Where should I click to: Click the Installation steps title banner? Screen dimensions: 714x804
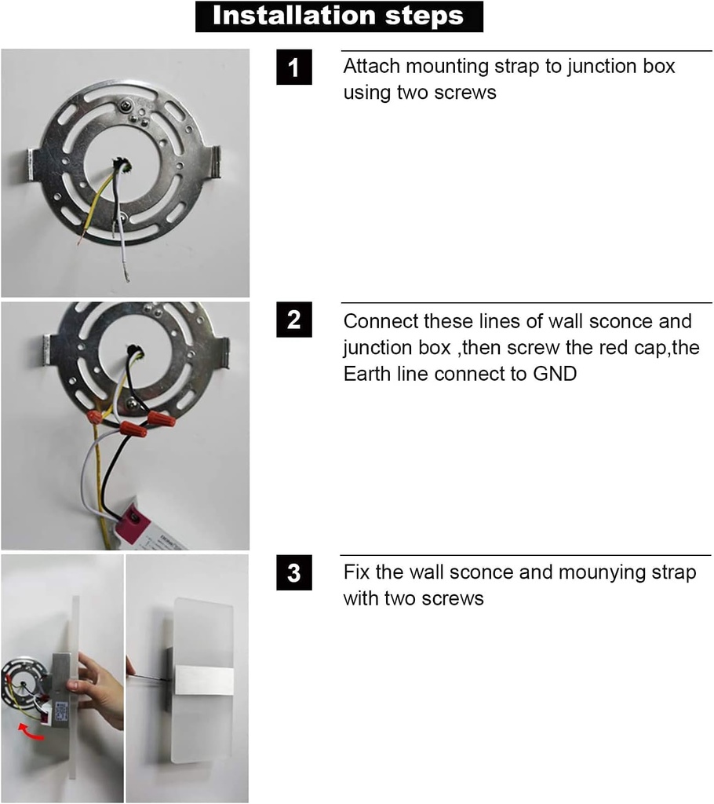pos(339,16)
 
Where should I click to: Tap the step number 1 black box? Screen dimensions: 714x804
pos(293,68)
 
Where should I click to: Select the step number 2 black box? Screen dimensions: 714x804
pos(293,320)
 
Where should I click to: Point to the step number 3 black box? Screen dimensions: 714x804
pos(293,572)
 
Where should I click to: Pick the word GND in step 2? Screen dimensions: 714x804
pos(555,374)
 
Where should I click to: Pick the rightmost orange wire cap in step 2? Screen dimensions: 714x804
pos(161,419)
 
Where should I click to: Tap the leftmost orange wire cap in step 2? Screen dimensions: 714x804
pos(94,416)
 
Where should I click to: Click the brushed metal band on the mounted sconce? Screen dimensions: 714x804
pos(204,681)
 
